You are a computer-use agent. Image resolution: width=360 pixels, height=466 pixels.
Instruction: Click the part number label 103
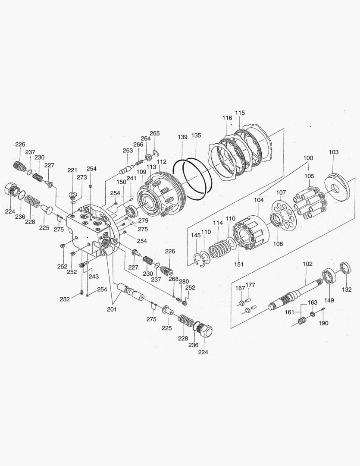tap(333, 152)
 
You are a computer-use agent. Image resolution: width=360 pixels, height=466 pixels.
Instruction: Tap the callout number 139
tap(182, 137)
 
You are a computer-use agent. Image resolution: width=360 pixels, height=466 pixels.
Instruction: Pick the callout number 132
tap(347, 290)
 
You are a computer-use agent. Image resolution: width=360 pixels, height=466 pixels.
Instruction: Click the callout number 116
tap(227, 118)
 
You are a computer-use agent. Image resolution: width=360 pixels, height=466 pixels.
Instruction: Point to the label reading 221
tap(72, 170)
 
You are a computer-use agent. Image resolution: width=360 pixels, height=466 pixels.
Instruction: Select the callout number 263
tap(128, 151)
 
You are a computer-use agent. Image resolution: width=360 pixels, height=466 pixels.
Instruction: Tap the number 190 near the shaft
tap(323, 323)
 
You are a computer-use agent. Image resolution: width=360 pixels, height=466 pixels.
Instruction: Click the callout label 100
tap(308, 158)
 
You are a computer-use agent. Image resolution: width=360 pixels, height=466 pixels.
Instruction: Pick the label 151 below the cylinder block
tap(238, 264)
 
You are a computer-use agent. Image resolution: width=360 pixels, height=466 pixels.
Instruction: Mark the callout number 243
tap(93, 276)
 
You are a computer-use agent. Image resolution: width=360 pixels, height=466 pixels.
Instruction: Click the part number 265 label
tap(155, 133)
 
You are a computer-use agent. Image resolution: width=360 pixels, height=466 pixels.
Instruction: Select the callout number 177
tap(250, 285)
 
